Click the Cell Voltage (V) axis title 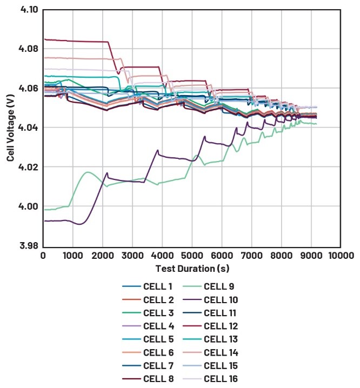[10, 128]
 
